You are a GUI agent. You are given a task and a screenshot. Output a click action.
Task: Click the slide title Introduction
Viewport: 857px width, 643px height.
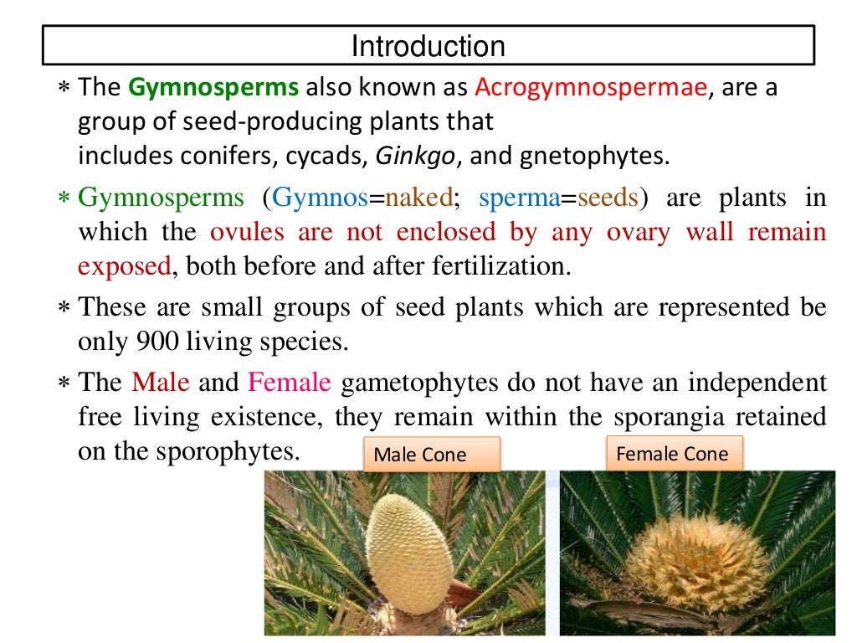tap(428, 45)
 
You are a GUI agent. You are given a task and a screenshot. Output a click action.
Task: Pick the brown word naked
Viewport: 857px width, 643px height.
tap(417, 199)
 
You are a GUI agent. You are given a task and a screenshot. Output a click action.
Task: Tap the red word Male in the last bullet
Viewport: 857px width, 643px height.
tap(161, 383)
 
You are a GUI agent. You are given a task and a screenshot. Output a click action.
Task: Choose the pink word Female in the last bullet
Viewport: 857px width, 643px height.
tap(290, 383)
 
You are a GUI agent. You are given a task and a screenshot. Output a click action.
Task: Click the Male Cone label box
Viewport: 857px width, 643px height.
tap(431, 455)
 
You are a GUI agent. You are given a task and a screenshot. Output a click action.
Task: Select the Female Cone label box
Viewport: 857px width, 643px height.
tap(672, 455)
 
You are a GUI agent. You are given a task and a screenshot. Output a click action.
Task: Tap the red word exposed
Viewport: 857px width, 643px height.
tap(124, 266)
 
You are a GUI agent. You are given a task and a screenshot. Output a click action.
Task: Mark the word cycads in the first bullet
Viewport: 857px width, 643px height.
tap(327, 156)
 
